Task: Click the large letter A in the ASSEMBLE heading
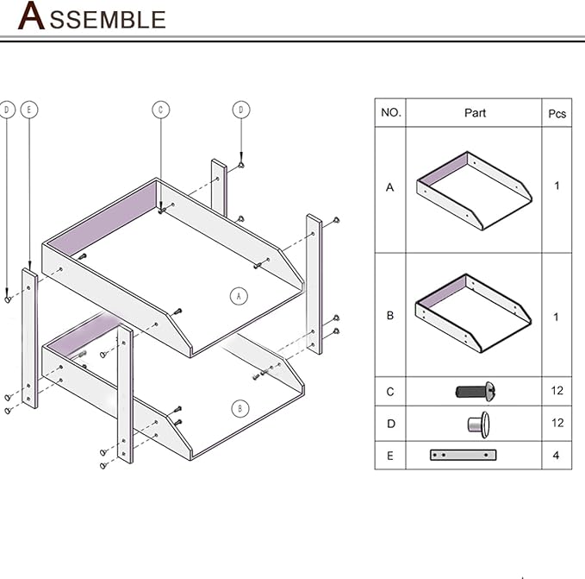point(32,16)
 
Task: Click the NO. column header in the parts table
point(390,112)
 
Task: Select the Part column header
point(475,112)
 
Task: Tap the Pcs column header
point(557,113)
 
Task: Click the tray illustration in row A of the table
point(473,191)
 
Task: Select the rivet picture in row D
point(476,423)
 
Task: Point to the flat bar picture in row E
point(464,455)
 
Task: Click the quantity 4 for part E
point(557,455)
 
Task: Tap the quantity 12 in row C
point(557,391)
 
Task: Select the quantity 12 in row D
point(557,423)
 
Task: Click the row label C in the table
point(390,392)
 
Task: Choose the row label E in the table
point(390,456)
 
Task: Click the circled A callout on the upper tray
point(240,296)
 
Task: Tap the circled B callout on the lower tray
point(240,408)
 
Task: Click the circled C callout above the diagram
point(161,110)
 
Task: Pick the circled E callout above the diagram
point(29,110)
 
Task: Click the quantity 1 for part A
point(557,186)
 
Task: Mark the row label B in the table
point(390,316)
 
